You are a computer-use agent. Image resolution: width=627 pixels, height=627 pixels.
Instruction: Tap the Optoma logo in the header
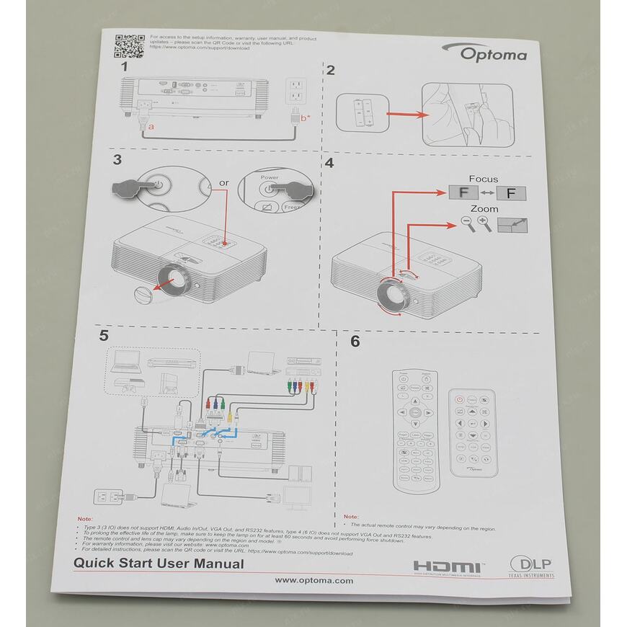click(x=494, y=53)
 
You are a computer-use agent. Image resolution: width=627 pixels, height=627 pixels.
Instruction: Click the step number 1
click(x=124, y=66)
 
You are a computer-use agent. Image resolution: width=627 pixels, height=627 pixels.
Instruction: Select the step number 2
click(x=331, y=70)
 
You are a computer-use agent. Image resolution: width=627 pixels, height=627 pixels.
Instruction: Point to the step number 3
click(x=117, y=159)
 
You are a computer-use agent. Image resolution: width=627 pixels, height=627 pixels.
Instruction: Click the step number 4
click(x=329, y=163)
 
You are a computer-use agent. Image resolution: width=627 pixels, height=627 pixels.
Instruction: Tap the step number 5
click(x=104, y=336)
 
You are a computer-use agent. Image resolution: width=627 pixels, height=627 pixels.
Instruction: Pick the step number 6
click(x=355, y=342)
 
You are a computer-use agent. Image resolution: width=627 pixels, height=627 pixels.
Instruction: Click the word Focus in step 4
click(x=483, y=179)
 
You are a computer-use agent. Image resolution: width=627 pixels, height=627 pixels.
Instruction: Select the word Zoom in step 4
click(x=484, y=208)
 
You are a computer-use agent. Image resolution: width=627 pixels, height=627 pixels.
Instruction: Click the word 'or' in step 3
click(x=223, y=183)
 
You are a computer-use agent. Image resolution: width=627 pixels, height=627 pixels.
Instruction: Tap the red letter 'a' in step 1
click(x=150, y=126)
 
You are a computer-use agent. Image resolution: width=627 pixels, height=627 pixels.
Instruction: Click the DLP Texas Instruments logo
click(x=532, y=566)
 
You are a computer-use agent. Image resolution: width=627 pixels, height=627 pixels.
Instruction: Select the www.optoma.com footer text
click(x=314, y=580)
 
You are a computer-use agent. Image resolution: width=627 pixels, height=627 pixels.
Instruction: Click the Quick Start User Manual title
click(x=159, y=564)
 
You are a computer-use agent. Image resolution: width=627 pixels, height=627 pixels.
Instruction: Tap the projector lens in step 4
click(x=390, y=293)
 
